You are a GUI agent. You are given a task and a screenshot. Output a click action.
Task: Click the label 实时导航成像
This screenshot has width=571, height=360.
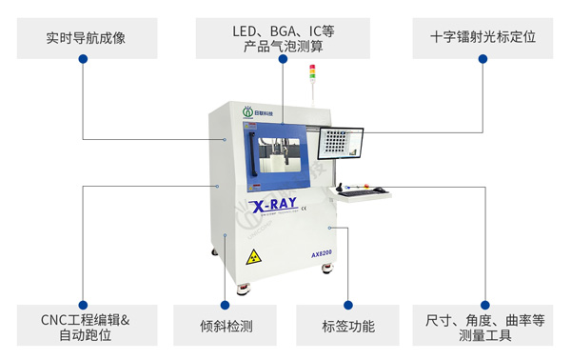pyautogui.click(x=85, y=39)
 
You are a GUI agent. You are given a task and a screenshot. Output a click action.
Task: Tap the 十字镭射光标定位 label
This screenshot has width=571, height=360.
pyautogui.click(x=482, y=39)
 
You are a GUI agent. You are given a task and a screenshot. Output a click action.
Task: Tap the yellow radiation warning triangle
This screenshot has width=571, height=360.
pyautogui.click(x=253, y=257)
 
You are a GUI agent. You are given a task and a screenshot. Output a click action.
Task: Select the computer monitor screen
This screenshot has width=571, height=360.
pyautogui.click(x=341, y=144)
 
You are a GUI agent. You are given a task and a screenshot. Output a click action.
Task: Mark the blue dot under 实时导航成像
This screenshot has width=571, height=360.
pyautogui.click(x=84, y=60)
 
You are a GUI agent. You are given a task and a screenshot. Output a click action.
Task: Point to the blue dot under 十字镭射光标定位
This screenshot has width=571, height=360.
pyautogui.click(x=482, y=60)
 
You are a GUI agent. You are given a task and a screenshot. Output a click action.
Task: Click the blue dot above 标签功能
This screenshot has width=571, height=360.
pyautogui.click(x=347, y=305)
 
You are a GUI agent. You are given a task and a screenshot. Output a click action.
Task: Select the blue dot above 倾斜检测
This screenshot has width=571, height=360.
pyautogui.click(x=226, y=305)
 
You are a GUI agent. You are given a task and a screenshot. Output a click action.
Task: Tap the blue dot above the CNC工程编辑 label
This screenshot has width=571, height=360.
pyautogui.click(x=84, y=305)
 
